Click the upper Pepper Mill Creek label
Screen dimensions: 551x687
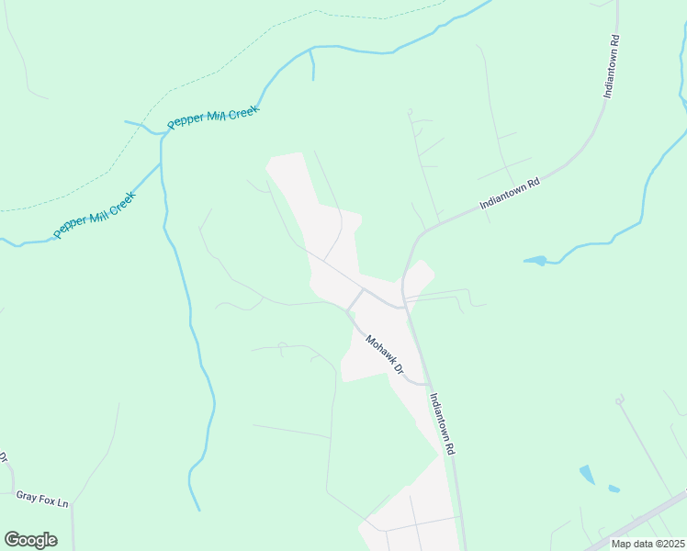click(213, 117)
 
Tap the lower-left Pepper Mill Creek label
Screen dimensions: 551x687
click(94, 214)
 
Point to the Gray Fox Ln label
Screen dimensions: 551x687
click(42, 502)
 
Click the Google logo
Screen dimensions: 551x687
click(30, 539)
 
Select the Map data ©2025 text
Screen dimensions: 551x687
click(648, 544)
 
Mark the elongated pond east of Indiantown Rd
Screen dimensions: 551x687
click(536, 262)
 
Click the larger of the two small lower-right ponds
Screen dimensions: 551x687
click(587, 475)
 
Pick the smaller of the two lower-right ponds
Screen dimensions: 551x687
click(614, 489)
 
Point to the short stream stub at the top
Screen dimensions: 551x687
click(312, 64)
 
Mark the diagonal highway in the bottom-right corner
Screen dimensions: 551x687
click(643, 519)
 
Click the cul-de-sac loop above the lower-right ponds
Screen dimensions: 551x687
click(620, 399)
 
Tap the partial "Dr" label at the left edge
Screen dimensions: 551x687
click(3, 457)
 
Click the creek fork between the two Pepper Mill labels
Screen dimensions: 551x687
click(161, 134)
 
